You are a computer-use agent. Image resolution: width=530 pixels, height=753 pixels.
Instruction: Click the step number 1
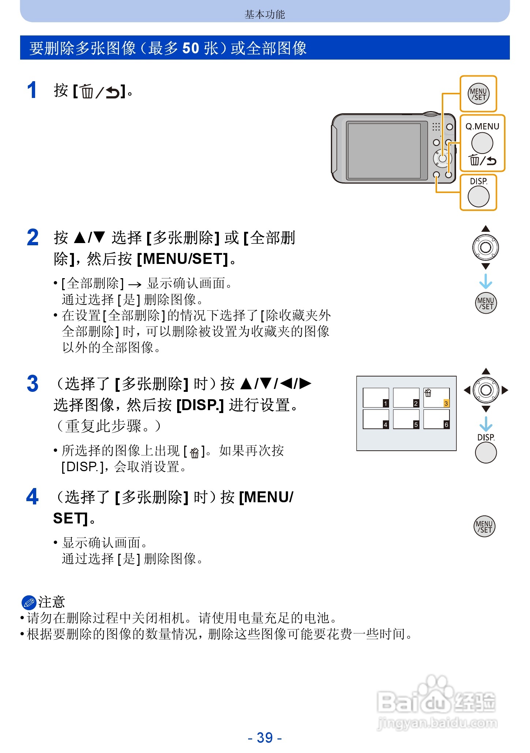click(x=32, y=90)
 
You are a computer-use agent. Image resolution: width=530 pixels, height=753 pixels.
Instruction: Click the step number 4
click(x=32, y=497)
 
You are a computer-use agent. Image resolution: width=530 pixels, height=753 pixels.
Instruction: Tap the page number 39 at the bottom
click(x=265, y=738)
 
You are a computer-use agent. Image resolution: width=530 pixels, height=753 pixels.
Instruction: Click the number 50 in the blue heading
click(x=191, y=48)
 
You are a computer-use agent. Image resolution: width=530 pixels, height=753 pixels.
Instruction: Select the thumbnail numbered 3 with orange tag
click(x=436, y=398)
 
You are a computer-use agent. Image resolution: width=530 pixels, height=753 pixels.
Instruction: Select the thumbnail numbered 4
click(x=376, y=419)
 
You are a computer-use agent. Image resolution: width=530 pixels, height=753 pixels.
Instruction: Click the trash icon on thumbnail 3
click(x=428, y=393)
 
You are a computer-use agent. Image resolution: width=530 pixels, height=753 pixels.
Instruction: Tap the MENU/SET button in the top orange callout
click(x=478, y=94)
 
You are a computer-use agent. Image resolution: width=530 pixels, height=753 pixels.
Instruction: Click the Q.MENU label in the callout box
click(x=482, y=126)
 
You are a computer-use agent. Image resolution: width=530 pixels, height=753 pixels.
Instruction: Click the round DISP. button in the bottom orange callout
click(x=478, y=197)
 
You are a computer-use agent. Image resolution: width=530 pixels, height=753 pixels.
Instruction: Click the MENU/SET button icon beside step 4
click(x=484, y=526)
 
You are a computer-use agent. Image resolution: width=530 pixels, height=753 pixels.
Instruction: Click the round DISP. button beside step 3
click(x=486, y=453)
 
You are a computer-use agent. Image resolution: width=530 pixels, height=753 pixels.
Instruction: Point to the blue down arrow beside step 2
click(x=486, y=281)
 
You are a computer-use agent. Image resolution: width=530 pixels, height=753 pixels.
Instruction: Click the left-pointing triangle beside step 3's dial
click(x=467, y=390)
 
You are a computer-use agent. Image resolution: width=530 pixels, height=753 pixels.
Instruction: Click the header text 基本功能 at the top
click(x=265, y=15)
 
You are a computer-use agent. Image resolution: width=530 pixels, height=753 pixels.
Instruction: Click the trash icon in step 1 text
click(x=87, y=91)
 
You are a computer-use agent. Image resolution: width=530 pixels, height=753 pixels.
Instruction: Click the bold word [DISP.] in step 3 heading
click(x=200, y=405)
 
